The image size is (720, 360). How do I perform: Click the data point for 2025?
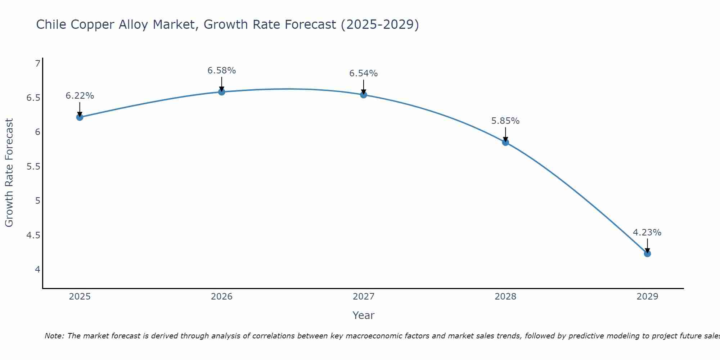click(80, 117)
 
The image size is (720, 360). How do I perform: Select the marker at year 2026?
click(222, 92)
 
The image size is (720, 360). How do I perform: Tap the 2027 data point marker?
click(364, 95)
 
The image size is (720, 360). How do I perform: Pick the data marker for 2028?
click(505, 142)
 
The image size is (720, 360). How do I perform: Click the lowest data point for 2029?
click(647, 254)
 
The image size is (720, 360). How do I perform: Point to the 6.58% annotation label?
click(222, 71)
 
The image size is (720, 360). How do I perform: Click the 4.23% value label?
click(647, 233)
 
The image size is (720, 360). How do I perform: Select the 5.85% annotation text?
click(505, 121)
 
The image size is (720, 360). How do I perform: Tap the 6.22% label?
click(80, 96)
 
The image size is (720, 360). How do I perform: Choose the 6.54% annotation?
click(364, 73)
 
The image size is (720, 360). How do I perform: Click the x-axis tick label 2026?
click(222, 297)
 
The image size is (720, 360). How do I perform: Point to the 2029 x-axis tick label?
click(647, 297)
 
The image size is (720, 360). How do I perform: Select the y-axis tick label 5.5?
click(33, 167)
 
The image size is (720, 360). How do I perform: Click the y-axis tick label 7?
click(38, 64)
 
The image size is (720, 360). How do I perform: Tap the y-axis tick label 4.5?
click(33, 235)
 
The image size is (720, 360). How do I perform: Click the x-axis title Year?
click(364, 315)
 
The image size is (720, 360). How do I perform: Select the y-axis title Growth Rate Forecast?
click(9, 173)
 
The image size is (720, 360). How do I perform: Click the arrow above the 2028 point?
click(505, 135)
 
